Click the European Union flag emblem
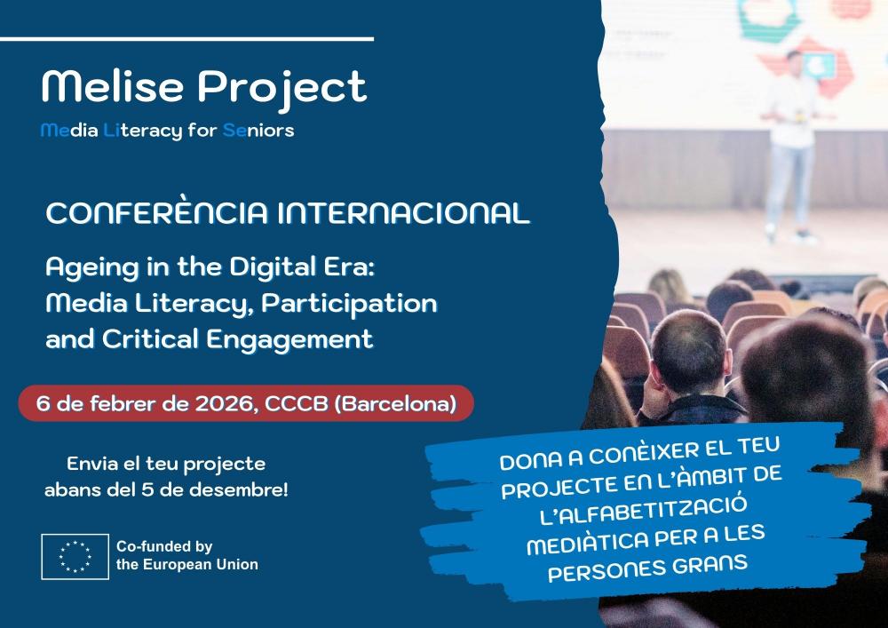[75, 557]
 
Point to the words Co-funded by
[158, 547]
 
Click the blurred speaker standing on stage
[793, 142]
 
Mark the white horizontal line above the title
[186, 39]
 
